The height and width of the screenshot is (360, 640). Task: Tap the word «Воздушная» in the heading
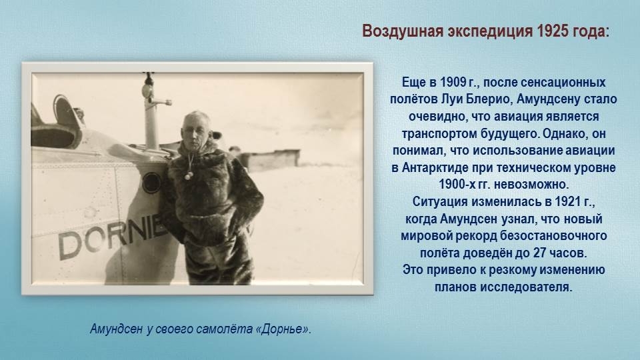click(x=403, y=31)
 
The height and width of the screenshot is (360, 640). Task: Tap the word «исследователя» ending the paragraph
click(x=526, y=287)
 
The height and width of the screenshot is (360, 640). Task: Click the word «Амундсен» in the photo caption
click(x=116, y=329)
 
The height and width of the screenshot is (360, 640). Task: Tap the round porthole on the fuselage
click(x=152, y=183)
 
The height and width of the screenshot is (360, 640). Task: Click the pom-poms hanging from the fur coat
click(x=188, y=175)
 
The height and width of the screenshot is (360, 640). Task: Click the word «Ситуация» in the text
click(x=440, y=202)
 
